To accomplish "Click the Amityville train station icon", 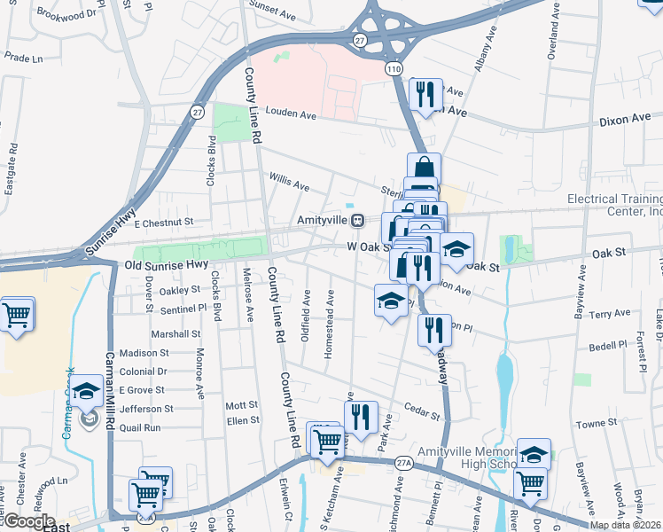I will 357,219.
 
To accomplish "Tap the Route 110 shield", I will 391,67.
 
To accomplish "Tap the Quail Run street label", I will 140,427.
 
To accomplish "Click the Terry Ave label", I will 609,314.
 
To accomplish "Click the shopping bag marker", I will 425,168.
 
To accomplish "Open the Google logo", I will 28,521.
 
